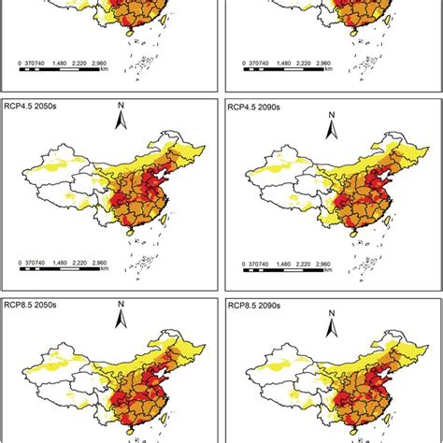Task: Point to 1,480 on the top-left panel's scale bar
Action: click(x=89, y=64)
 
